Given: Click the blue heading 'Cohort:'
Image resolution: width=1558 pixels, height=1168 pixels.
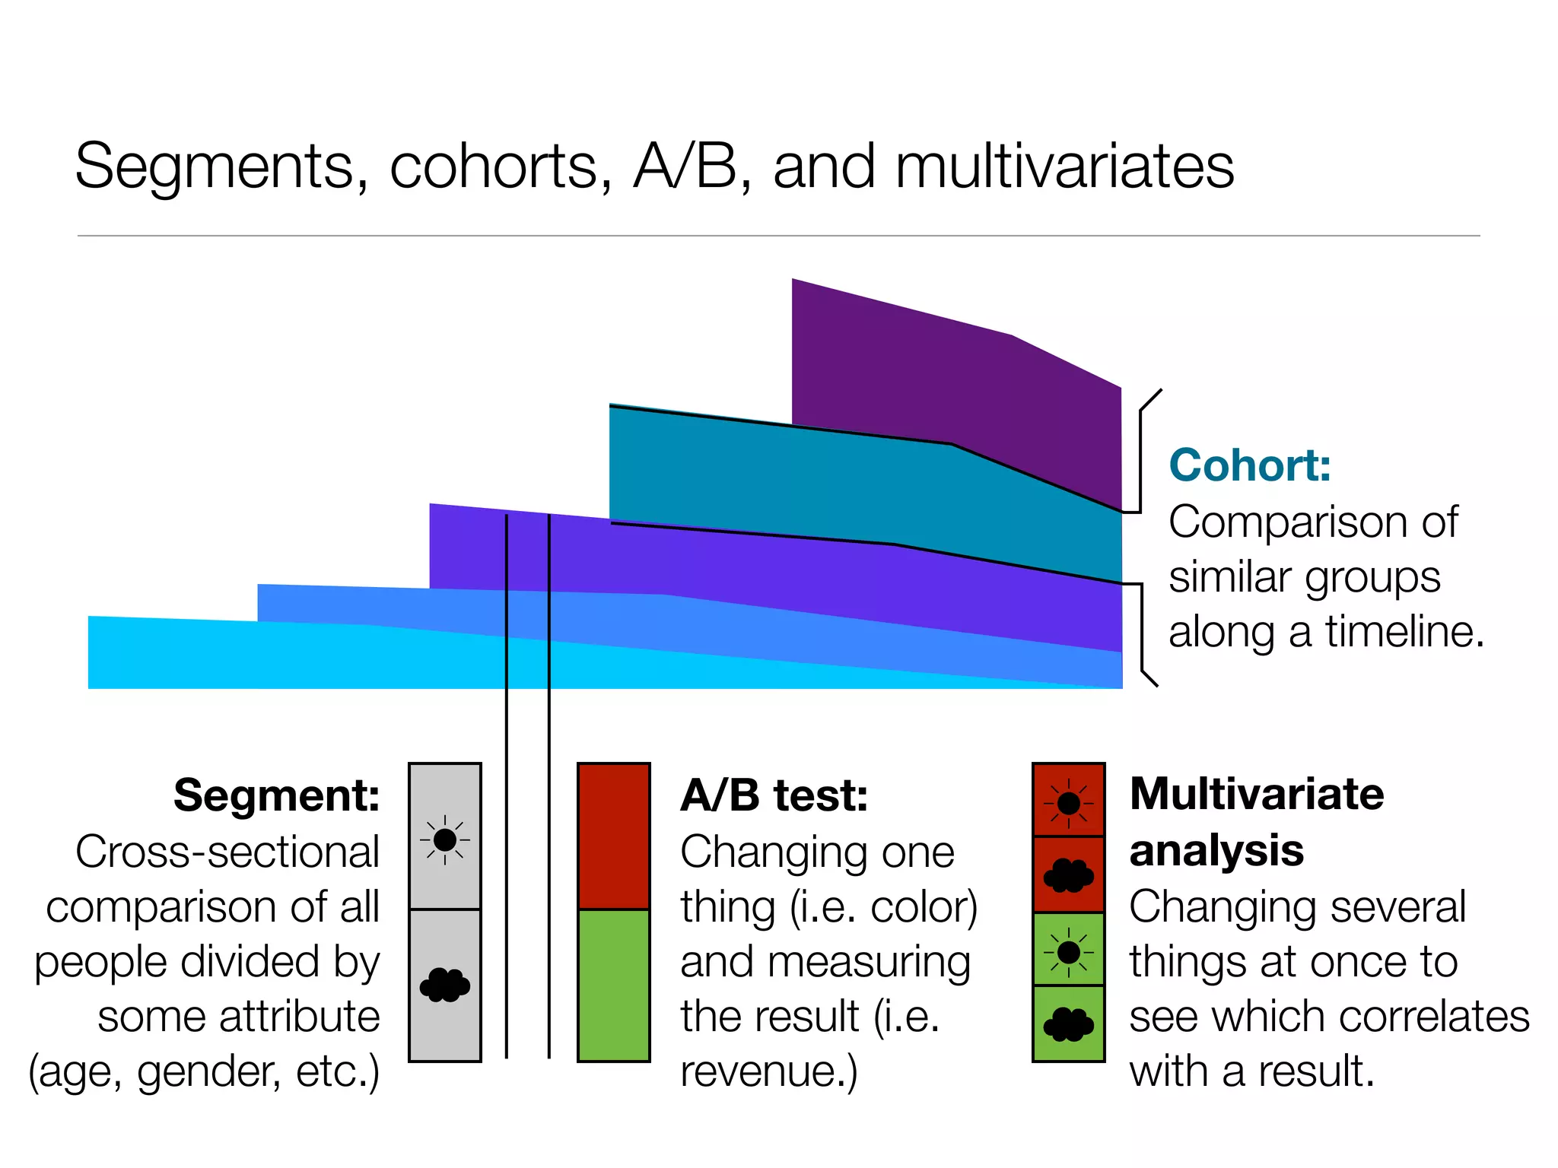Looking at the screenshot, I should [1250, 465].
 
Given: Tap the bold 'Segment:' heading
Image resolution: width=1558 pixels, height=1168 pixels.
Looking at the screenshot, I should [277, 795].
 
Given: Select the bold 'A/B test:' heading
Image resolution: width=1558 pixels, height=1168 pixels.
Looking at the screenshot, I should [774, 795].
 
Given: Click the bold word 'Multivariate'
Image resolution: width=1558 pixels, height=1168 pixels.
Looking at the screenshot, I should [1257, 794].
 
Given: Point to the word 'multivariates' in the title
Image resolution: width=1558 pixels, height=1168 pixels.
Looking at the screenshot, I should [1064, 167].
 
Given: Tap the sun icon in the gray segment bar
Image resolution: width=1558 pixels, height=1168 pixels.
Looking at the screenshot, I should [445, 840].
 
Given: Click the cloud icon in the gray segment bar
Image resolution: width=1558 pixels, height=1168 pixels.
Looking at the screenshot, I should [445, 985].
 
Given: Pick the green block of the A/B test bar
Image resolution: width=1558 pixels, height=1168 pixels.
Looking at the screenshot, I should [614, 985].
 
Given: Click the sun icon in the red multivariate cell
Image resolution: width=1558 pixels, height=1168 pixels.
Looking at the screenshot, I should [1069, 803].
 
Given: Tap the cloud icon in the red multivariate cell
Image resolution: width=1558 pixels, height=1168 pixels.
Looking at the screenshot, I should [1069, 876].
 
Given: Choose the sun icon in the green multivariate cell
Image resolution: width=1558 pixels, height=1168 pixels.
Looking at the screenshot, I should [1069, 951].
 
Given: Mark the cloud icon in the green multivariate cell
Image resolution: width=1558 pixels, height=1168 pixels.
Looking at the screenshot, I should [1069, 1024].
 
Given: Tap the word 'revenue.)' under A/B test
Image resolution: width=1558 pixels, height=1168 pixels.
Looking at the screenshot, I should [768, 1071].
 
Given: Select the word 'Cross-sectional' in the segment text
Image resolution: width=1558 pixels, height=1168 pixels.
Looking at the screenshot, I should [227, 852].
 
